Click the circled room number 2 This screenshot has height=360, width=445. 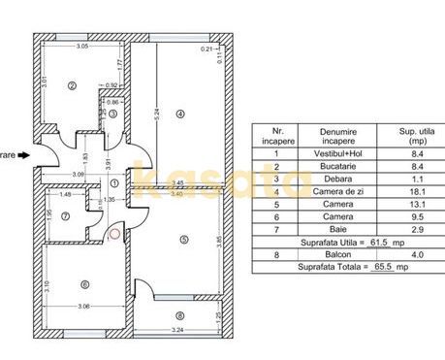72,85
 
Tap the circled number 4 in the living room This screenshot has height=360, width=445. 180,114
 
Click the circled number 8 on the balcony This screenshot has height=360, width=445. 179,314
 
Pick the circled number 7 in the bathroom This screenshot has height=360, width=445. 65,215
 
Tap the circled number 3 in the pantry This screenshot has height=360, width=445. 112,114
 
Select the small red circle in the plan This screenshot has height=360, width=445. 116,232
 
